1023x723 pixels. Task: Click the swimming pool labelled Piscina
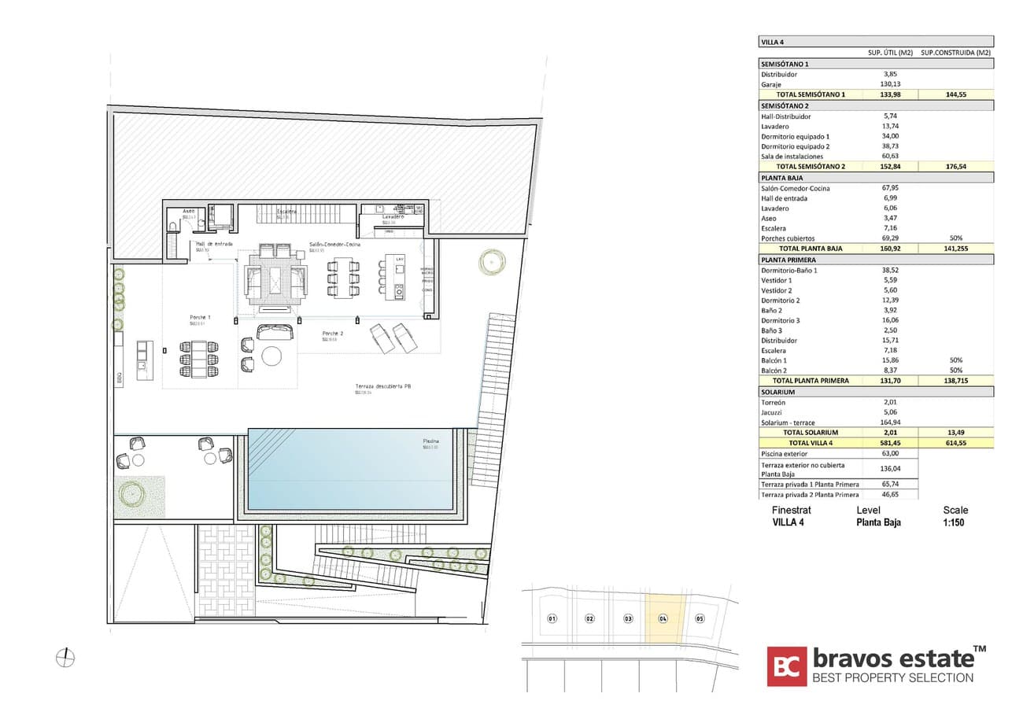click(x=351, y=469)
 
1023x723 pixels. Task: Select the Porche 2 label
click(x=331, y=334)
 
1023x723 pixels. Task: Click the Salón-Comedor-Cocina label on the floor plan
click(x=335, y=245)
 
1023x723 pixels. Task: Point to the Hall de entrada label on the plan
click(x=214, y=244)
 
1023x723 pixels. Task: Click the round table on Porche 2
click(x=271, y=356)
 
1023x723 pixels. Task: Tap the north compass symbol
click(x=65, y=657)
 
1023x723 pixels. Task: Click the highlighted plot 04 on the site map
click(x=663, y=618)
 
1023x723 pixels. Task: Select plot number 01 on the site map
click(x=552, y=618)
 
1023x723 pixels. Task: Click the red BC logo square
click(x=787, y=666)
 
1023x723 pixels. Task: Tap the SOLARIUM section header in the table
click(x=777, y=392)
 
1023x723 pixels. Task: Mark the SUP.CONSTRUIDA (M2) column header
click(x=955, y=53)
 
